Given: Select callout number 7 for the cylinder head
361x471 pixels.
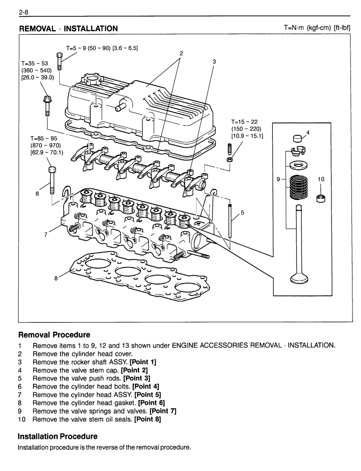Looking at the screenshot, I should [x=46, y=234].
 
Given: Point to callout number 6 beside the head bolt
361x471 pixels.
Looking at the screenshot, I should [x=37, y=193].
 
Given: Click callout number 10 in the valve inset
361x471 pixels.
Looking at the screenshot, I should [x=321, y=178].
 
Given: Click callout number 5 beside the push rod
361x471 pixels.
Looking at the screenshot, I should [x=242, y=212].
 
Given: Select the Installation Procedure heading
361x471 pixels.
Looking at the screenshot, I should [x=58, y=436].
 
